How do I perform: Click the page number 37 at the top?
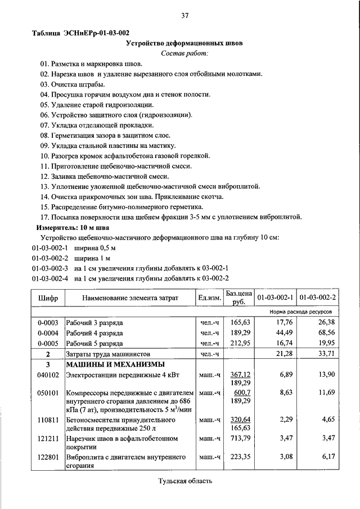(184, 15)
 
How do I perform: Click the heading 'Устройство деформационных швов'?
(184, 43)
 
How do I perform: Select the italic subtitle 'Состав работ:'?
(184, 53)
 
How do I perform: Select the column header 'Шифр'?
(48, 298)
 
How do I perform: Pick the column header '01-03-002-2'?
(317, 298)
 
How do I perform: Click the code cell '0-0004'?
(48, 333)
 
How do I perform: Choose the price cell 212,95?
(239, 343)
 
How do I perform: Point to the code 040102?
(48, 375)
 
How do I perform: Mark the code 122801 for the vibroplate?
(48, 458)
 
